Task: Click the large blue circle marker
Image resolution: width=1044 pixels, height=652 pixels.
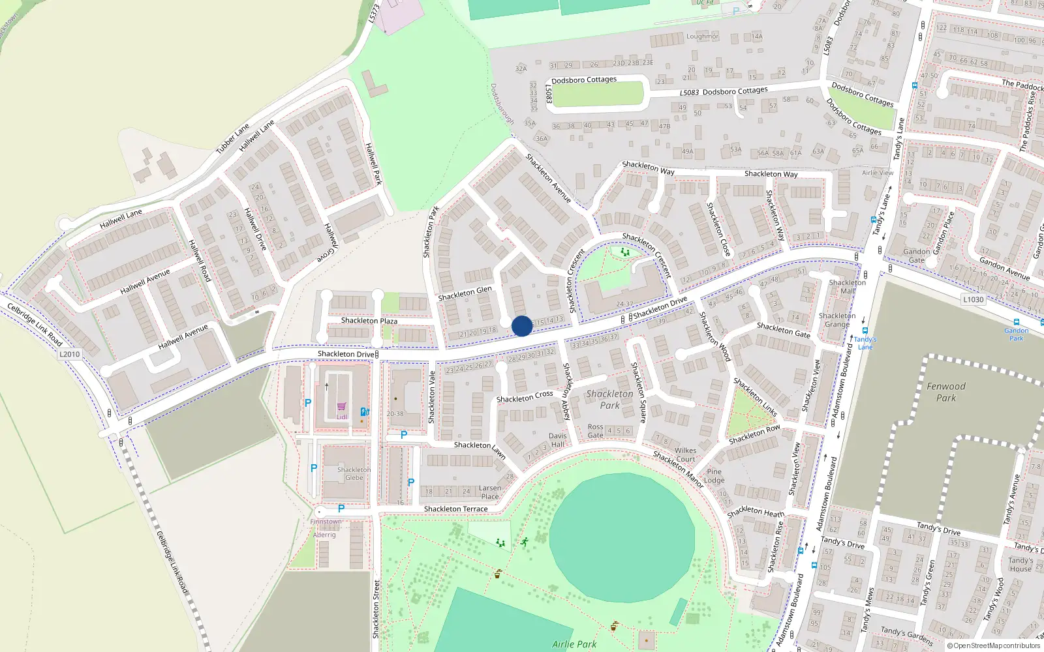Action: tap(522, 326)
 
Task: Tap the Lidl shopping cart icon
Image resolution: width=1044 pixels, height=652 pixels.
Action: tap(341, 406)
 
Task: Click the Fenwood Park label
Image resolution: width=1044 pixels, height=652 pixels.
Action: tap(946, 392)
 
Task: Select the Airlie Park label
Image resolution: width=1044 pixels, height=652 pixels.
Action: tap(574, 644)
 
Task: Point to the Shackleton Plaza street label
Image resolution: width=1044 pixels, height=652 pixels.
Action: tap(369, 321)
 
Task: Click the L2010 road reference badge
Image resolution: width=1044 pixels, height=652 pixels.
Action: tap(69, 355)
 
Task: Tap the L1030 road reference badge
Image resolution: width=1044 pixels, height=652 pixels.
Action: tap(973, 299)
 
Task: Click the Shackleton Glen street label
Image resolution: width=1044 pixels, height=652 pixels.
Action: tap(465, 293)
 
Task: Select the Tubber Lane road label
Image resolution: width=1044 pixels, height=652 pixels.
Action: tap(233, 139)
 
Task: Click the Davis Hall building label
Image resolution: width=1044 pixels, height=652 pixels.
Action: tap(557, 440)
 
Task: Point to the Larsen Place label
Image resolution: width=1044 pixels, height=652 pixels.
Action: tap(490, 492)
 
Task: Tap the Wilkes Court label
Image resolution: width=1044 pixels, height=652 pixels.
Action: tap(685, 454)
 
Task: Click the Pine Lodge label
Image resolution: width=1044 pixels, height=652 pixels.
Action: tap(714, 476)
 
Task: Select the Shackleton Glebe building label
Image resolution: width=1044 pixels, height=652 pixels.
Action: tap(354, 473)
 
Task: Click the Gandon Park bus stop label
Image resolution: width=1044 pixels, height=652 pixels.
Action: tap(1016, 334)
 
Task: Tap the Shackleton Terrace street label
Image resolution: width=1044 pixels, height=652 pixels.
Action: tap(455, 509)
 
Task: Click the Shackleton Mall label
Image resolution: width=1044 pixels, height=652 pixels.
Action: tap(847, 286)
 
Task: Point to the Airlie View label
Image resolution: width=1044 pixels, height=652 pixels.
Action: tap(878, 173)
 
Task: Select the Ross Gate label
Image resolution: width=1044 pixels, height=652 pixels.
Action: tap(595, 431)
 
